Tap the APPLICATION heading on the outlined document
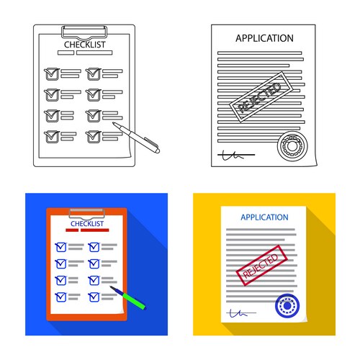tap(264, 38)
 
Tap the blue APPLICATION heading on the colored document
tap(264, 217)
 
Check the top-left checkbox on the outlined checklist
tap(50, 73)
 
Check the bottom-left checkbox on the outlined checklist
tap(50, 135)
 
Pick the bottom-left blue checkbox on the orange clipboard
tap(60, 296)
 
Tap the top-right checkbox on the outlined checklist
tap(92, 73)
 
